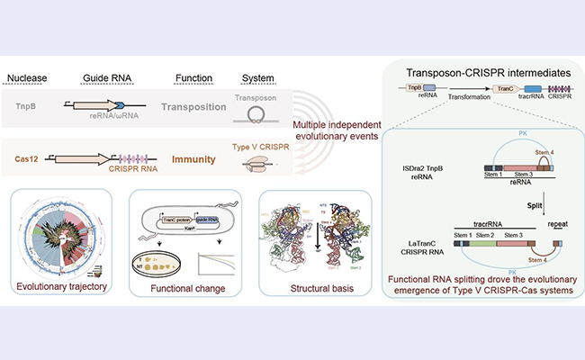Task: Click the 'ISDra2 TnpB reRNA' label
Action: pyautogui.click(x=414, y=149)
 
